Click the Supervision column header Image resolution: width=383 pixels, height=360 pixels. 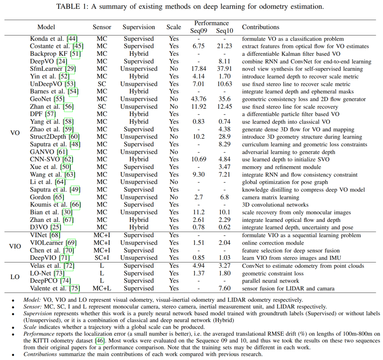pos(139,27)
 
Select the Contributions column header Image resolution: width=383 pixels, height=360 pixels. pos(260,27)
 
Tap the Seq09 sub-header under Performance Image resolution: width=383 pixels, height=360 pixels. pos(199,31)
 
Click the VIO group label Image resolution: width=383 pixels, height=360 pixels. pos(15,246)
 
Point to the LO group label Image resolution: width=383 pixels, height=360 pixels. pos(15,277)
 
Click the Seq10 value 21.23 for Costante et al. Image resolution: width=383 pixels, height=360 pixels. pos(224,46)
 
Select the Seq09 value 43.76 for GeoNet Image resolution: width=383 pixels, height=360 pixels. pos(199,99)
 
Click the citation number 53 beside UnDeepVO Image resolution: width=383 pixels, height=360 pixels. pos(71,84)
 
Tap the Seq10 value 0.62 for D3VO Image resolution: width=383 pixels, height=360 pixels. pos(224,228)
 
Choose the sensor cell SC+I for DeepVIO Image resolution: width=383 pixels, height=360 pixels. pos(102,258)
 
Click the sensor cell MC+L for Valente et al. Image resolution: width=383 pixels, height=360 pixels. pos(102,288)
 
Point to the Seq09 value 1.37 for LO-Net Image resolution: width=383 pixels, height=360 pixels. pos(199,273)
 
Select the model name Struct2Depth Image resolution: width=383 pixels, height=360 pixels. pos(49,137)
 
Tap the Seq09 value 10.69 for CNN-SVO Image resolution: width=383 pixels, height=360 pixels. pos(199,159)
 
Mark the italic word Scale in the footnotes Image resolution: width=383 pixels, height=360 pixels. pos(30,327)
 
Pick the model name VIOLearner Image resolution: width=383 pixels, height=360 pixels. pos(46,243)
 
